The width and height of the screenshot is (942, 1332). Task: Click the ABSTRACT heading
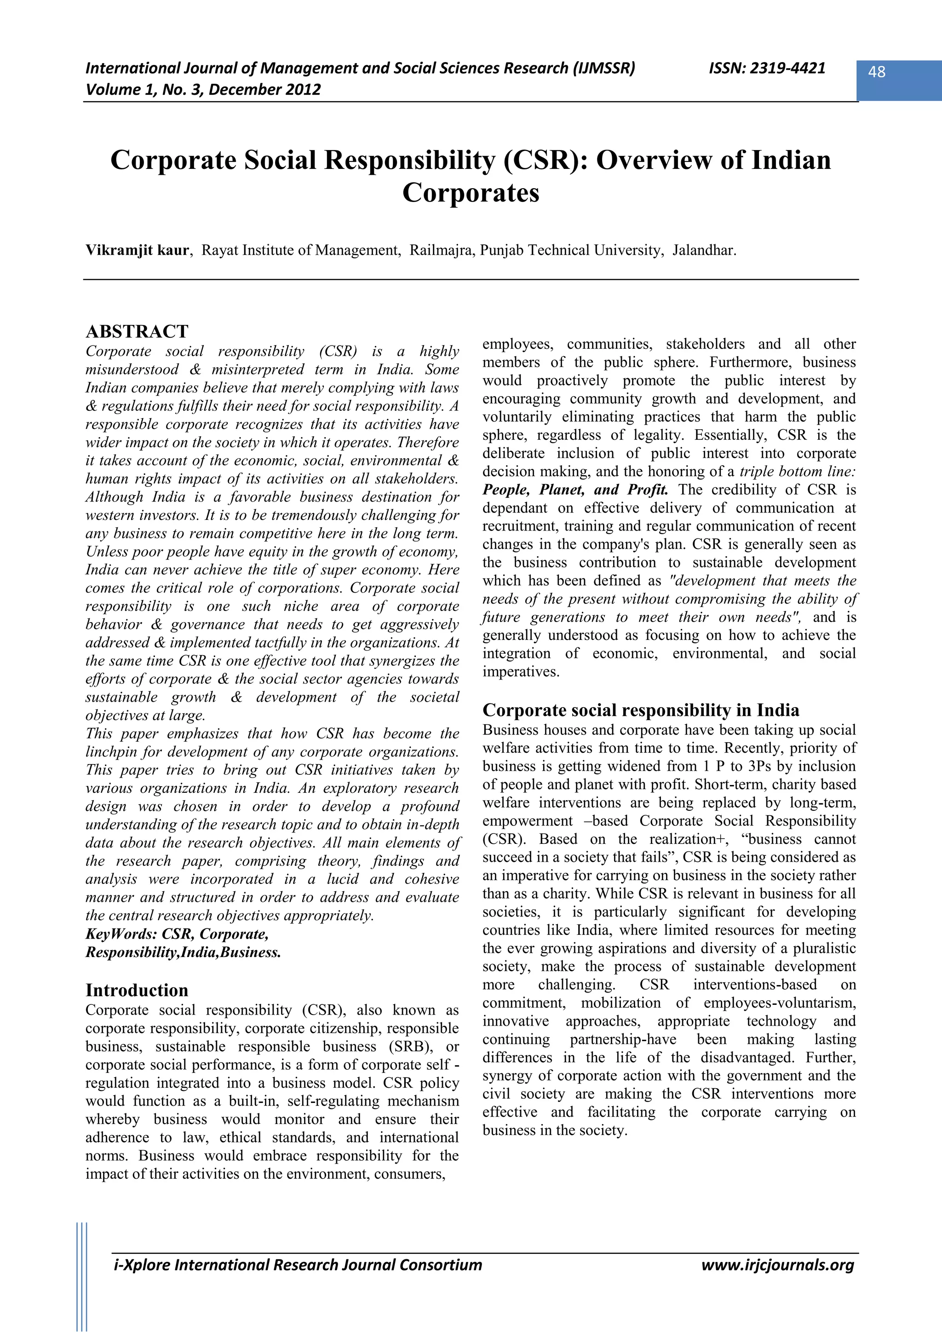[137, 331]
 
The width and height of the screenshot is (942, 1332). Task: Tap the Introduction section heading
[137, 990]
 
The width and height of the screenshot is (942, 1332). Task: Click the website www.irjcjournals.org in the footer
[777, 1265]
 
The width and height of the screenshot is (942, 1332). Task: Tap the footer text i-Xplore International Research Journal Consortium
[298, 1265]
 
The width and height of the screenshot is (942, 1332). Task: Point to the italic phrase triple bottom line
[798, 472]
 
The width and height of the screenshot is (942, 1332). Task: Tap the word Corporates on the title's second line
[471, 193]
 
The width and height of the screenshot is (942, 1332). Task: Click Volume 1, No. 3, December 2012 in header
[203, 89]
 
